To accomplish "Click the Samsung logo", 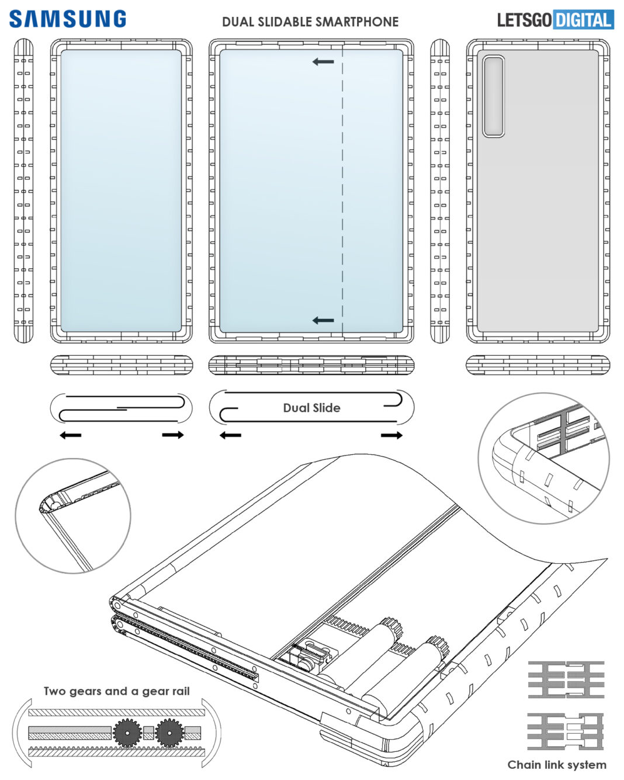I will point(67,19).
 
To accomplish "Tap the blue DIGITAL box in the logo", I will point(583,20).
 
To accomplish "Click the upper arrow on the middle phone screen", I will point(323,61).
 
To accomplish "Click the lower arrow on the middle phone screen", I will point(323,320).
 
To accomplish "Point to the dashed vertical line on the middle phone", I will point(342,193).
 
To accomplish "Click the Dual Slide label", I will point(311,408).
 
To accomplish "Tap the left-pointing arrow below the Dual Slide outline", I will point(230,435).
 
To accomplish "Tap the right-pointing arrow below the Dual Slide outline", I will point(391,435).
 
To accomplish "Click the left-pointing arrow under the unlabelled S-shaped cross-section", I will point(71,435).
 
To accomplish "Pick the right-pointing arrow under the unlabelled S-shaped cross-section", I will point(173,435).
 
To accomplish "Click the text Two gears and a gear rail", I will point(116,691).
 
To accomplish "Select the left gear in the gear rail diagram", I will point(126,732).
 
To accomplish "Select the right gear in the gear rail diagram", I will point(169,732).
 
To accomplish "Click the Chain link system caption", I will point(556,764).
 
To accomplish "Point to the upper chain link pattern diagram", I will point(566,680).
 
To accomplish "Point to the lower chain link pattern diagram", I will point(566,731).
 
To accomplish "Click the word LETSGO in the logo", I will point(524,20).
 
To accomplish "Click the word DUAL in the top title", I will point(238,22).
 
